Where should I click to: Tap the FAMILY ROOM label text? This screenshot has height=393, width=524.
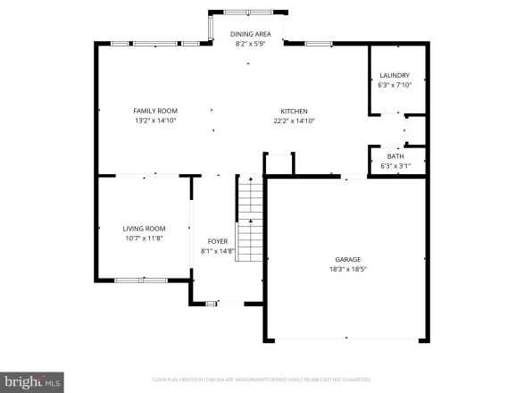coord(155,111)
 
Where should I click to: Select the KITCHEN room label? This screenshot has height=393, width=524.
coord(293,111)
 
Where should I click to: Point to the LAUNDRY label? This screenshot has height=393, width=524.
coord(394,75)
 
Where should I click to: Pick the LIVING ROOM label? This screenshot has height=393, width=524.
coord(144,228)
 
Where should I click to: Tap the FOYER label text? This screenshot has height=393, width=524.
coord(218,241)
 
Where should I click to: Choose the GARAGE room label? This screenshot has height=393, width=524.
coord(348,259)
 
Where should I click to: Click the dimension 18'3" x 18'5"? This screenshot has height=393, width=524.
coord(348,269)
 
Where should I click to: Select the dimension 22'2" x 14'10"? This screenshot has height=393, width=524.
coord(293,121)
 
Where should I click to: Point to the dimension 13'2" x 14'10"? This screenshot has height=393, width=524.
coord(155,121)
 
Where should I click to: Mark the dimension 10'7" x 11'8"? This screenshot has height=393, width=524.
coord(144,238)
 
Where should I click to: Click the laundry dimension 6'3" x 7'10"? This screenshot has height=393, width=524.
coord(394,85)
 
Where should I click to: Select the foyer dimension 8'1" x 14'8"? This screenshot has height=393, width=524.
coord(218,251)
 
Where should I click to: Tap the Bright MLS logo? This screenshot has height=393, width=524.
coord(32,381)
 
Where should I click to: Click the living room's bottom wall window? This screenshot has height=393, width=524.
coord(140,280)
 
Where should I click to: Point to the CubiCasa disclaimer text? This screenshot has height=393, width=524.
coord(262,380)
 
